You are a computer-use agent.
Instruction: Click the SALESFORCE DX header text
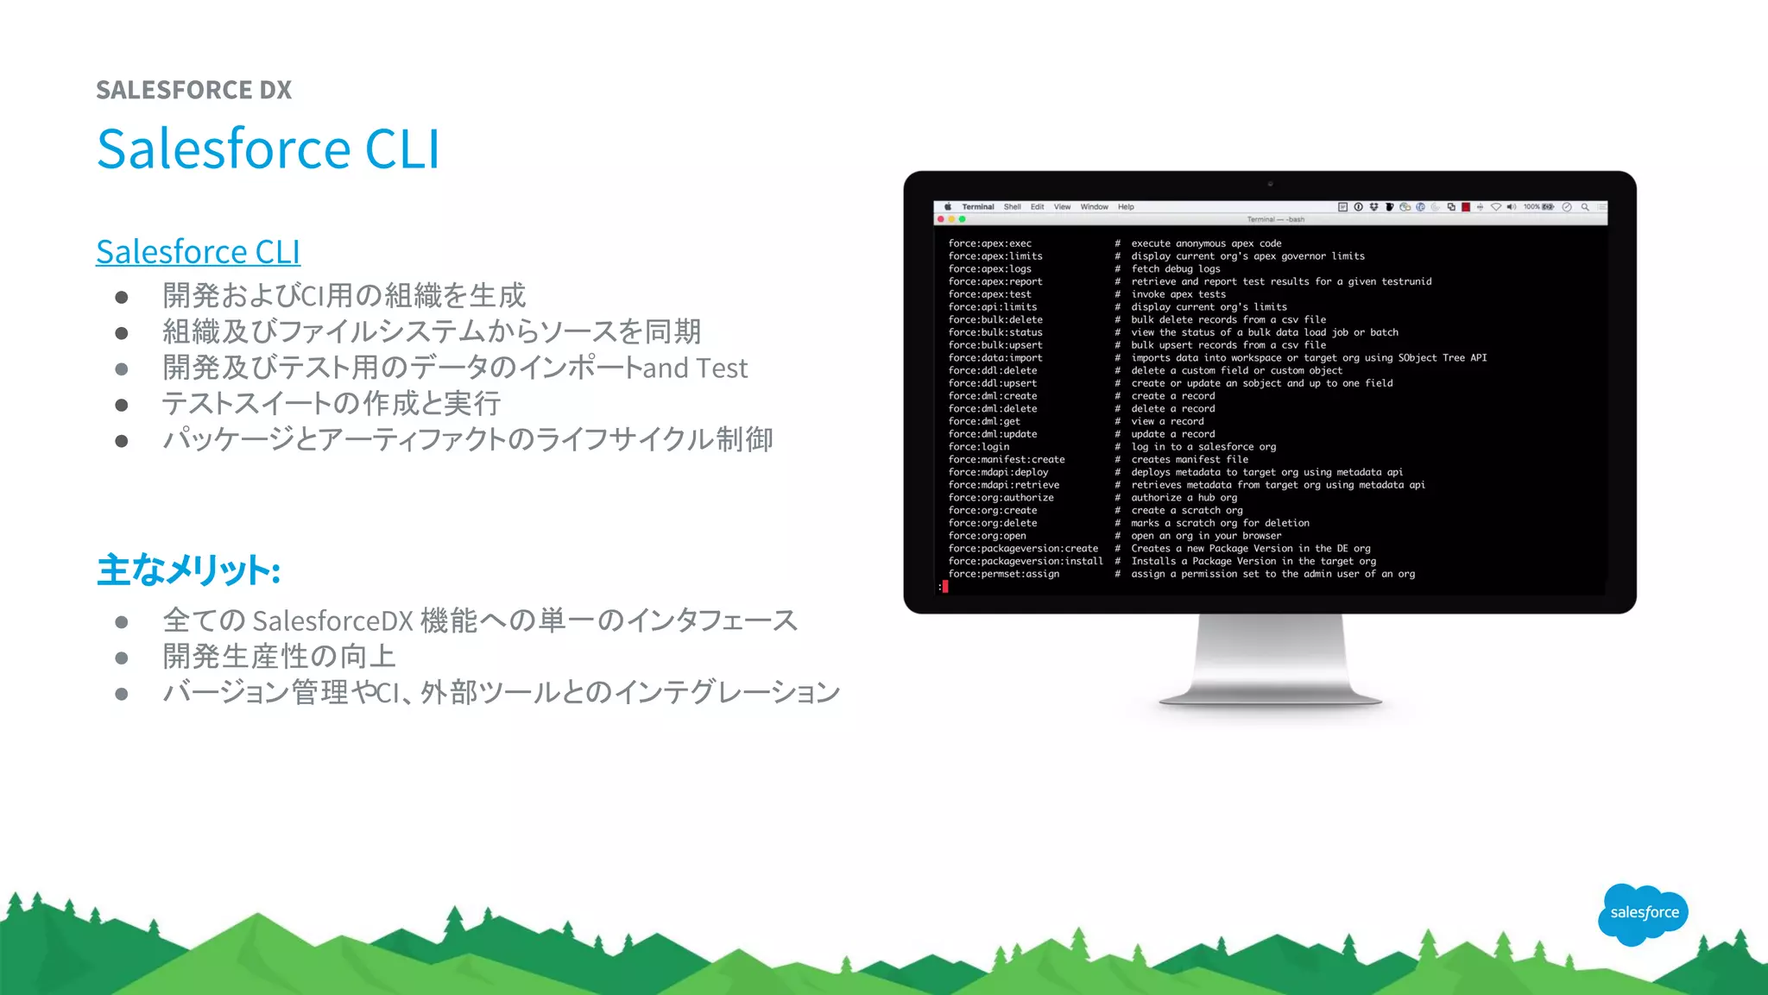193,90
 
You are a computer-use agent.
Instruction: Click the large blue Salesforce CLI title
268,148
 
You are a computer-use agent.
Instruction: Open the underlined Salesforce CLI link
198,252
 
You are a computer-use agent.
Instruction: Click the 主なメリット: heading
188,570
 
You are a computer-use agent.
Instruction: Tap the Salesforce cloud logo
1643,913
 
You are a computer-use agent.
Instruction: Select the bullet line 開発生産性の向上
279,657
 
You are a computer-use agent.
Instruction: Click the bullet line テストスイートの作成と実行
331,403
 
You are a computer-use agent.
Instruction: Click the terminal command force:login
978,447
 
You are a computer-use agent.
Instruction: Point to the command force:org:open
987,536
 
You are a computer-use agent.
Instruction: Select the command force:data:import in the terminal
994,358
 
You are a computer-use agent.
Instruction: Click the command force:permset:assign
1003,574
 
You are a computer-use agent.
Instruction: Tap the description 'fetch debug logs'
1175,269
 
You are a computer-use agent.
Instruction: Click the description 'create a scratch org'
1186,511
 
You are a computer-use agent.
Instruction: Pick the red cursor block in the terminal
945,587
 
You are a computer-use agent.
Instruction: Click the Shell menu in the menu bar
1012,207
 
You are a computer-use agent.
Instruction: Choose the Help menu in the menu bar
1126,207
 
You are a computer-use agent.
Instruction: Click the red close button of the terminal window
941,219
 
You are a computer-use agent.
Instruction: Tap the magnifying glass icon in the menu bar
1585,207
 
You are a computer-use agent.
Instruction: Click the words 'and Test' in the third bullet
695,368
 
